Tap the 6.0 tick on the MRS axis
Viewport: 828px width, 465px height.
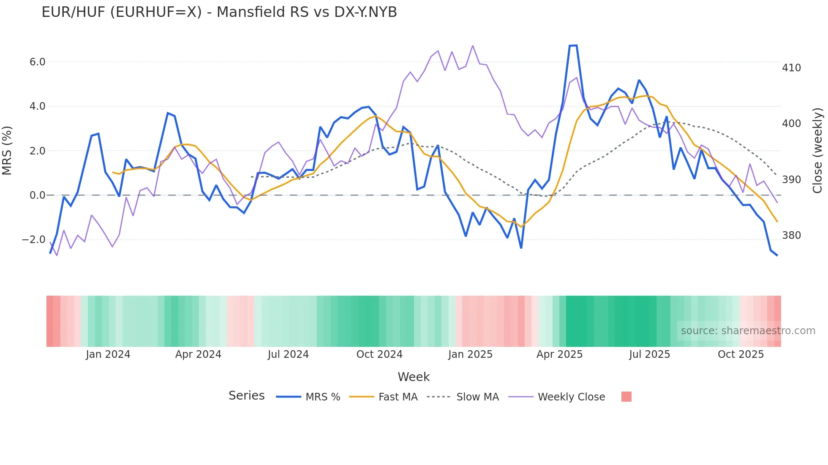[37, 62]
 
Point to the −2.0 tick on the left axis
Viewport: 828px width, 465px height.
[34, 240]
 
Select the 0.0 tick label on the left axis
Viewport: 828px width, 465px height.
[37, 195]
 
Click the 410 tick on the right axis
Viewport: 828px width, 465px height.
[791, 68]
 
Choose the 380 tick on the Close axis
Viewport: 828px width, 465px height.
[791, 235]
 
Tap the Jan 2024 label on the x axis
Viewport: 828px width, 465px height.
[108, 354]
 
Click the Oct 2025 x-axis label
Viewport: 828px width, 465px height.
[741, 354]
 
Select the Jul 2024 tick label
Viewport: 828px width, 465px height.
[288, 354]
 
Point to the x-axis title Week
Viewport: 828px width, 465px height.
[414, 377]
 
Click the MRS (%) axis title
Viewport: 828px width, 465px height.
[7, 151]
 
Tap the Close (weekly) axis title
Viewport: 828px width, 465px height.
[818, 151]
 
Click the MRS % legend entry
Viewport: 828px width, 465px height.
[323, 397]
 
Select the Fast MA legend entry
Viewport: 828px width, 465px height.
[398, 397]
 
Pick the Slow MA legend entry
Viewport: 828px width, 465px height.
[477, 397]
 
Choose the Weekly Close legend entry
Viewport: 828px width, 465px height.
[571, 397]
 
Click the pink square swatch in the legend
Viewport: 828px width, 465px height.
[626, 397]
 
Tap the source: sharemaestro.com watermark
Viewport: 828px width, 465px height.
[748, 331]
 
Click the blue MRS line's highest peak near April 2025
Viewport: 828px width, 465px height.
[574, 46]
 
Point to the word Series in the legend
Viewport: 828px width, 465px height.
[246, 396]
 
